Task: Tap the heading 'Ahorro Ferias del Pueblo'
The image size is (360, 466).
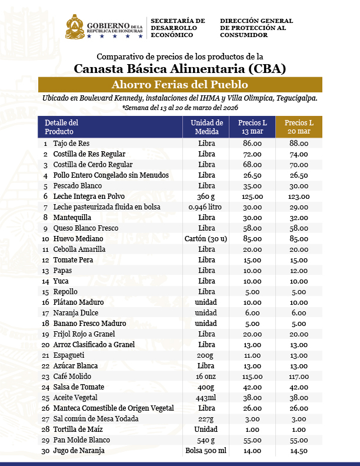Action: tap(179, 84)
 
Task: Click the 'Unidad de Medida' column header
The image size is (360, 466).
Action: tap(206, 127)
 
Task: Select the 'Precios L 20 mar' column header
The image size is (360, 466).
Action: tap(299, 127)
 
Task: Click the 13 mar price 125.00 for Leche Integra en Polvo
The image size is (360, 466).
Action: tap(252, 197)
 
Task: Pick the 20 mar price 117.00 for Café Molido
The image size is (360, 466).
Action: tap(299, 377)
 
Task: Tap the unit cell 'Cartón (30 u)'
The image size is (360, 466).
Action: tap(206, 239)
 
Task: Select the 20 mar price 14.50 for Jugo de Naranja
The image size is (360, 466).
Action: tap(299, 451)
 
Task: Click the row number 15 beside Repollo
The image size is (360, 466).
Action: tap(45, 292)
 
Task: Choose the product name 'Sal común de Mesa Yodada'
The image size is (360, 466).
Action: tap(96, 419)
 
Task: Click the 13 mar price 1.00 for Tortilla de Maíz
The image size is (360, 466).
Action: tap(252, 430)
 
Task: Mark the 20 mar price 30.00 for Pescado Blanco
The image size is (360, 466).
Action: tap(299, 186)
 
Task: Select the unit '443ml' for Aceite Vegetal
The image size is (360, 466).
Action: tap(206, 398)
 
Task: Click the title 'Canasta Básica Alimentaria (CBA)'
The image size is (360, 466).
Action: tap(179, 68)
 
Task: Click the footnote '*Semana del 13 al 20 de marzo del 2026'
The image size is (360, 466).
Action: tap(179, 108)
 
